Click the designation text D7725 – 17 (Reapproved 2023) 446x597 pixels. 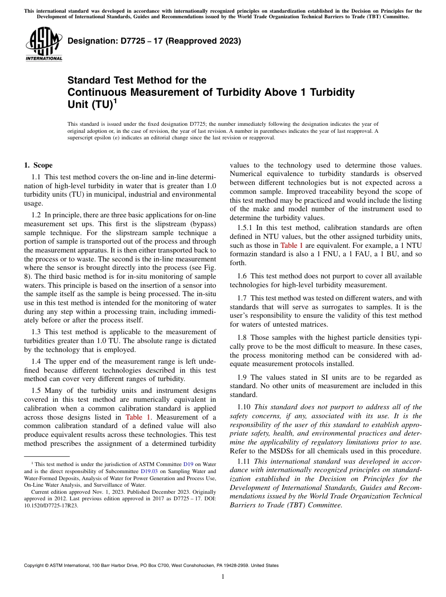point(154,41)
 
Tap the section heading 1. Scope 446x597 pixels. point(38,165)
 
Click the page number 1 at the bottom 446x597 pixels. point(223,577)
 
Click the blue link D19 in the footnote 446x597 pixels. point(188,464)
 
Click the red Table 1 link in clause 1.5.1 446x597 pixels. point(292,245)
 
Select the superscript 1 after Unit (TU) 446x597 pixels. point(115,101)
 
